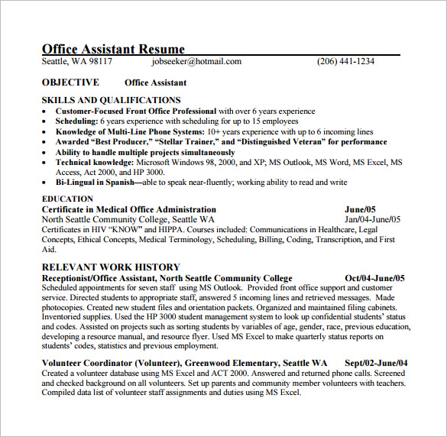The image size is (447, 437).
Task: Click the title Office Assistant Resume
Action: (113, 49)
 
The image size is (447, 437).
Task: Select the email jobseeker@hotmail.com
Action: (196, 62)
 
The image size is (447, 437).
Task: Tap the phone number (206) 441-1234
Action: (345, 62)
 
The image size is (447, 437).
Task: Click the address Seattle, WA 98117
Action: (76, 62)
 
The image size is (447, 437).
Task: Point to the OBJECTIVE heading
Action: (70, 83)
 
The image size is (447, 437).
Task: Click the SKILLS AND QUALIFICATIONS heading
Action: (111, 100)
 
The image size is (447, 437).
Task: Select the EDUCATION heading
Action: (67, 199)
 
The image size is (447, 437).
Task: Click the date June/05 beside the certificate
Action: (361, 209)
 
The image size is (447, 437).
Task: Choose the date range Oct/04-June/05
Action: (375, 278)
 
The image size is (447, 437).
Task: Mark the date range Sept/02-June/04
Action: (376, 363)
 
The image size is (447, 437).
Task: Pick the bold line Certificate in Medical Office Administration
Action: (128, 209)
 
